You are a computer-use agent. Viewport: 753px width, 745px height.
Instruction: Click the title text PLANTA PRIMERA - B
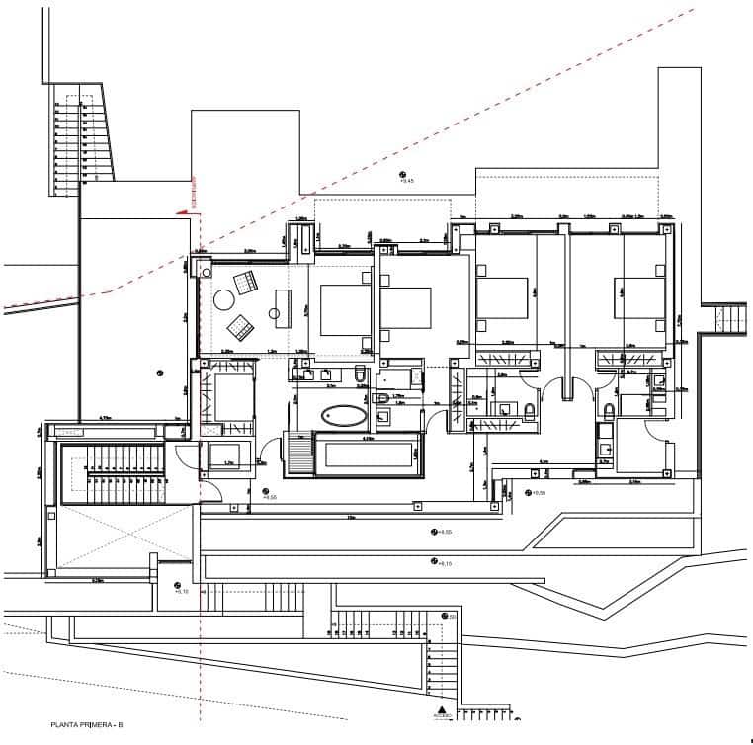[x=87, y=726]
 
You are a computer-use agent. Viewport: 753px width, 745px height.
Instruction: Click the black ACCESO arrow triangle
[x=440, y=710]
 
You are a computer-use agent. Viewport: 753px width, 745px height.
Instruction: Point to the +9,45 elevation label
[x=405, y=181]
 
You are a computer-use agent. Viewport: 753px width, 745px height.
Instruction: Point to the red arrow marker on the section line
[x=182, y=210]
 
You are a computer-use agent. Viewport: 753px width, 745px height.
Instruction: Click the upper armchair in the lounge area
[x=244, y=283]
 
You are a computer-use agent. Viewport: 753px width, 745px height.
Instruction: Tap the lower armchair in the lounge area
[x=239, y=324]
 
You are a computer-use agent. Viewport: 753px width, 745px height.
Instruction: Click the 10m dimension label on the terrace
[x=350, y=517]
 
